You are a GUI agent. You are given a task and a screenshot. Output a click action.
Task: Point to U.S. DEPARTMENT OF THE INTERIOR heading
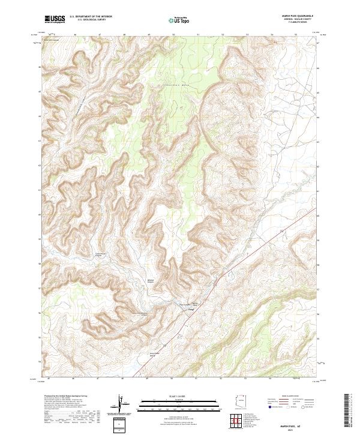click(91, 16)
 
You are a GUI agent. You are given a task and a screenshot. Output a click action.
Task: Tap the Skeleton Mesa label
click(174, 86)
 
